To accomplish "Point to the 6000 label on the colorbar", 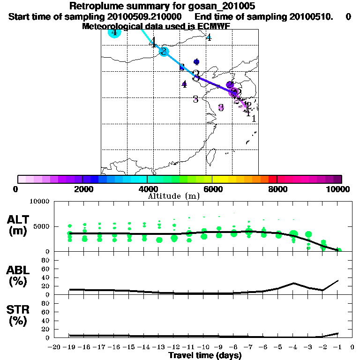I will (212, 189).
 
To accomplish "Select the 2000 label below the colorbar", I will (82, 189).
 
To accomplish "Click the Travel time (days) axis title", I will (205, 355).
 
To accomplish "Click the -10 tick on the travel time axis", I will (203, 347).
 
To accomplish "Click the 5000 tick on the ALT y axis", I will (43, 226).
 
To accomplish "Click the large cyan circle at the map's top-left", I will (114, 32).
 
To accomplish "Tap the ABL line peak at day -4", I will (293, 283).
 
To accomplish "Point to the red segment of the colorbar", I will (272, 179).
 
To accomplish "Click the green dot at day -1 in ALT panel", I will (339, 250).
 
